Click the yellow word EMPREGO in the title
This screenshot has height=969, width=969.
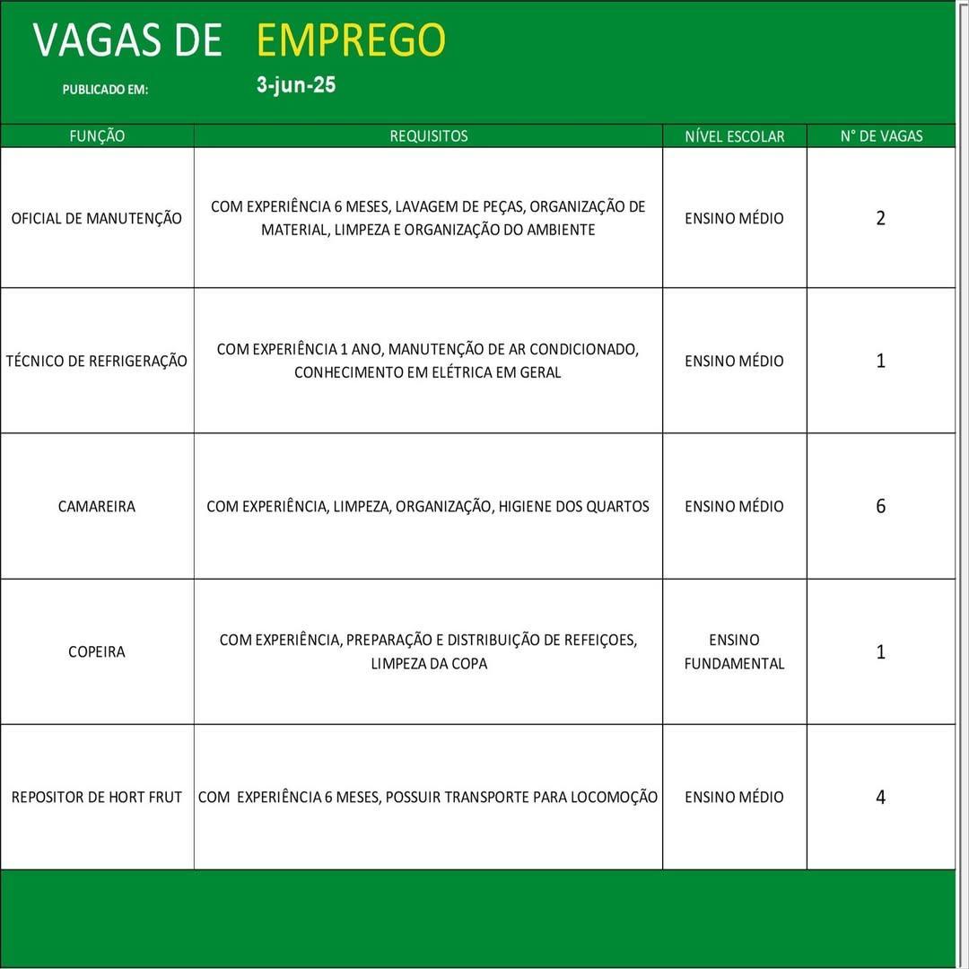351,40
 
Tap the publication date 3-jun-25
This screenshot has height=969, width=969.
296,85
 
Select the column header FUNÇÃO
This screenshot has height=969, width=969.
97,136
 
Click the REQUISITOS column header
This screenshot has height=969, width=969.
428,136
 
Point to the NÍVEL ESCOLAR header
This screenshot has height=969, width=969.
734,136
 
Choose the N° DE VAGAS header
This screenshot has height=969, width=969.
881,136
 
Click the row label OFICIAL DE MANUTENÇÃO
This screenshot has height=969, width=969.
96,218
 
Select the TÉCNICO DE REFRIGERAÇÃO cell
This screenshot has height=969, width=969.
97,361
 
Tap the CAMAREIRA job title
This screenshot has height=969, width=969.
97,506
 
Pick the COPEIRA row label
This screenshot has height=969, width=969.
97,651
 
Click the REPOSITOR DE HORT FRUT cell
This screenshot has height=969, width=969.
97,797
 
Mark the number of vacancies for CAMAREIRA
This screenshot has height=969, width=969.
880,506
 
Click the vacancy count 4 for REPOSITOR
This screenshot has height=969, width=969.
880,797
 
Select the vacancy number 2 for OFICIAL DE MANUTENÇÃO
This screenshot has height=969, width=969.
880,218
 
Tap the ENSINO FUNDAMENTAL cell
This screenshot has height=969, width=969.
734,651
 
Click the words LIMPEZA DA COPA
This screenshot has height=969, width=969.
429,664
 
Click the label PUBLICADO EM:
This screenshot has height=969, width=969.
105,90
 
